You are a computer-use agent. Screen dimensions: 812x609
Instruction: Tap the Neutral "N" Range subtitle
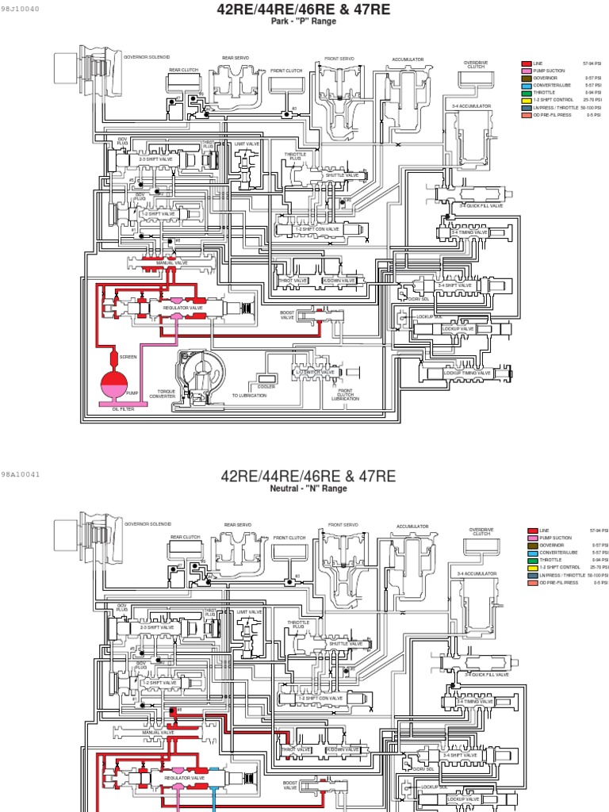pyautogui.click(x=308, y=488)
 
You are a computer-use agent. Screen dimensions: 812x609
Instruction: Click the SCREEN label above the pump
pyautogui.click(x=128, y=357)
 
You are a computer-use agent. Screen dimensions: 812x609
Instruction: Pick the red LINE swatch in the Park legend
pyautogui.click(x=526, y=63)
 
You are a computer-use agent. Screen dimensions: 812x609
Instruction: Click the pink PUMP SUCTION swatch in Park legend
pyautogui.click(x=526, y=71)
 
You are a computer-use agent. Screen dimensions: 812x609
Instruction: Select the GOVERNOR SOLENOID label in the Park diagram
pyautogui.click(x=147, y=57)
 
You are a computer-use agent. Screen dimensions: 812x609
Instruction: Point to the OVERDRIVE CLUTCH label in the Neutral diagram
pyautogui.click(x=481, y=531)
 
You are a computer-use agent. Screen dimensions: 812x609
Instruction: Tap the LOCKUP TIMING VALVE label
pyautogui.click(x=468, y=373)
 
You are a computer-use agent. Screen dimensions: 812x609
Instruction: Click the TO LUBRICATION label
pyautogui.click(x=249, y=395)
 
